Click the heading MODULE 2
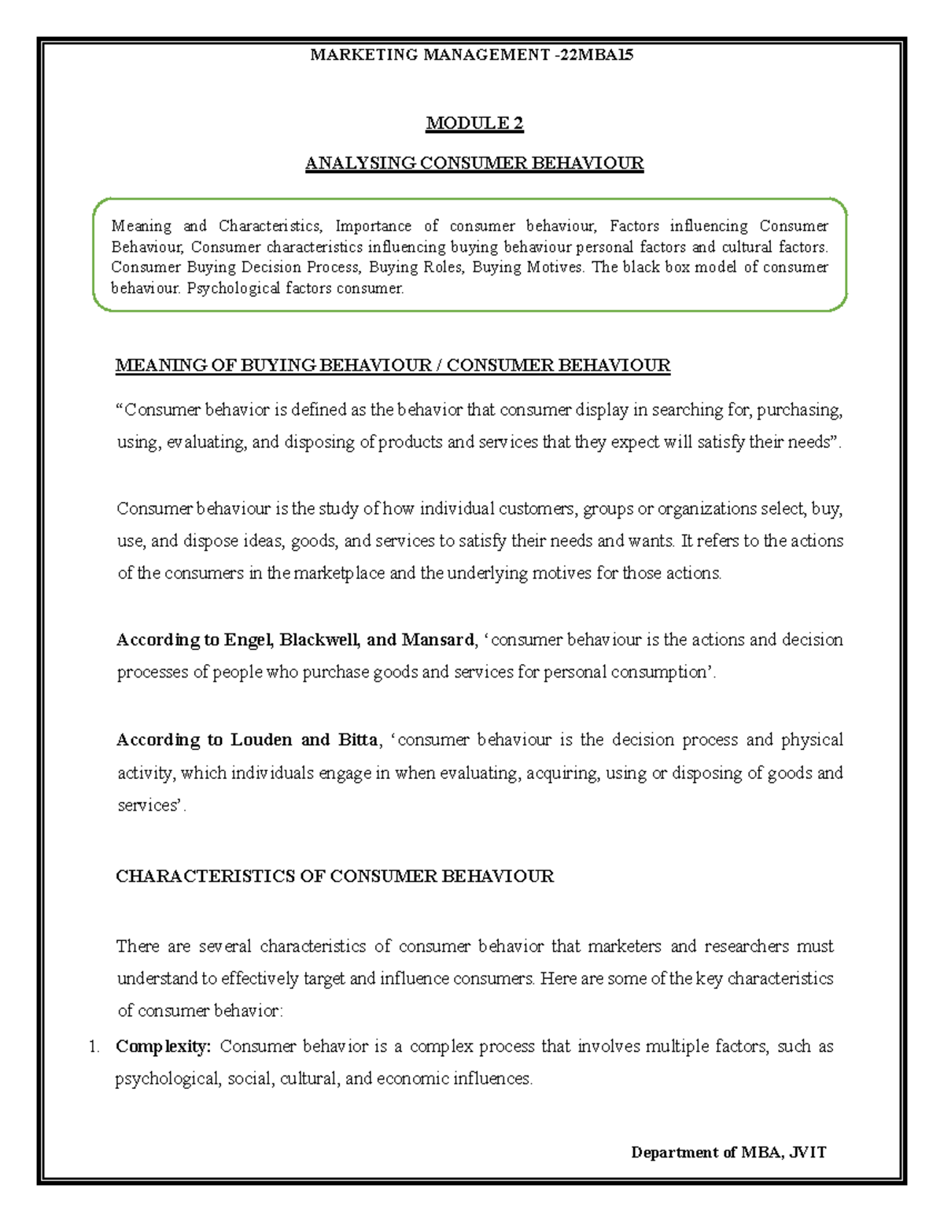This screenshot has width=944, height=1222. click(474, 123)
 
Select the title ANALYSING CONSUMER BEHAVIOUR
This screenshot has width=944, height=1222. click(474, 163)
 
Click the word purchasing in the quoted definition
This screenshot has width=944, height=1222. click(799, 410)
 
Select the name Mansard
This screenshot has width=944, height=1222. click(437, 640)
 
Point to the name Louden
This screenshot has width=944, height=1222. click(260, 740)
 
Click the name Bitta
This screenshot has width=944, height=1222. click(358, 740)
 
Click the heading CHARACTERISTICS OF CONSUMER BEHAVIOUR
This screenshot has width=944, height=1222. click(334, 876)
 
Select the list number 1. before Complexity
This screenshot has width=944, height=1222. click(94, 1047)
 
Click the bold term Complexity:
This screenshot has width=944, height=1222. click(163, 1047)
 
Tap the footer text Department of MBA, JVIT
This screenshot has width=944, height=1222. click(728, 1152)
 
